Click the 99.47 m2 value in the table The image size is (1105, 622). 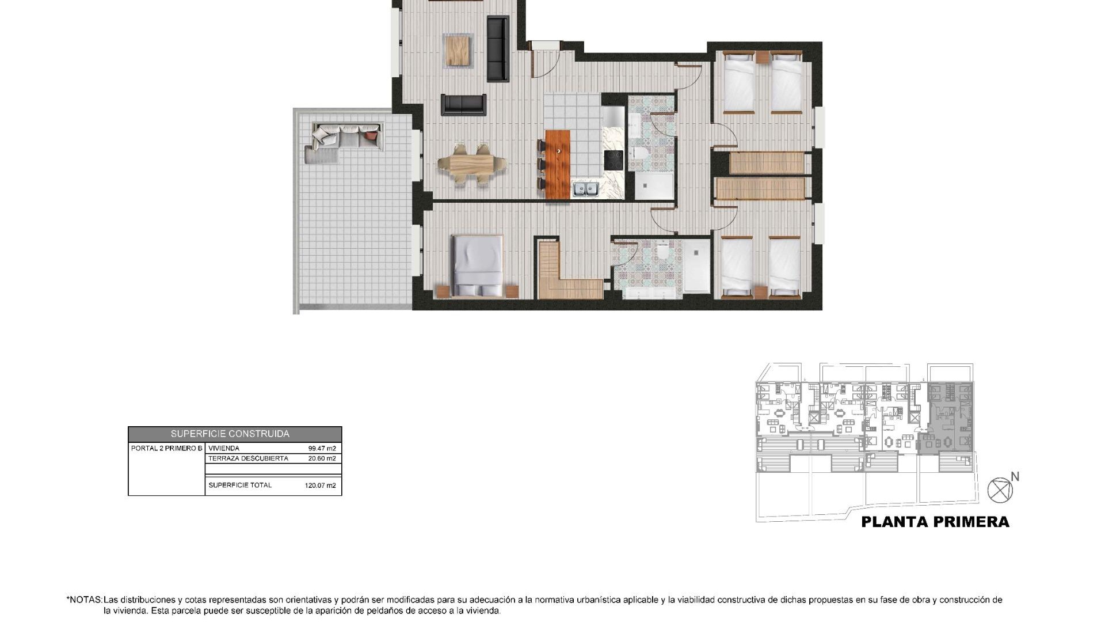click(x=322, y=448)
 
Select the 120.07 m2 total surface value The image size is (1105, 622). click(x=320, y=486)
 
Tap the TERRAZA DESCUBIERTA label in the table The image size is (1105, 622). click(x=248, y=458)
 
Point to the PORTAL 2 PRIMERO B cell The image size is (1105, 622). click(x=166, y=448)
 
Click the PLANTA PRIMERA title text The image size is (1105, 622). click(x=935, y=522)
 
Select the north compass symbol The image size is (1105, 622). click(x=1000, y=490)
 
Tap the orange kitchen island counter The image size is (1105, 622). click(x=557, y=164)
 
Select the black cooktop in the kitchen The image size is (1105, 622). click(x=613, y=160)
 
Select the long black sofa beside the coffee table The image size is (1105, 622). click(x=498, y=49)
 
